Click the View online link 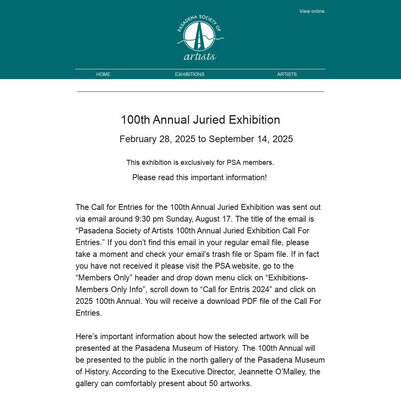tap(312, 11)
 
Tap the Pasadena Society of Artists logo tap(200, 38)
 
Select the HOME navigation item tap(103, 74)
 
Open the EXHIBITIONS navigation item tap(190, 74)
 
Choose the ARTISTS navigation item tap(287, 74)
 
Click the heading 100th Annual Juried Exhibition tap(200, 120)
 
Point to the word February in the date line tap(138, 139)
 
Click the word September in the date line tap(231, 139)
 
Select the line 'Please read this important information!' tap(199, 178)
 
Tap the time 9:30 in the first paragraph tap(143, 219)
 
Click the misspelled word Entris tap(242, 289)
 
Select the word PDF tap(249, 301)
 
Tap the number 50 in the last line tap(213, 383)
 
